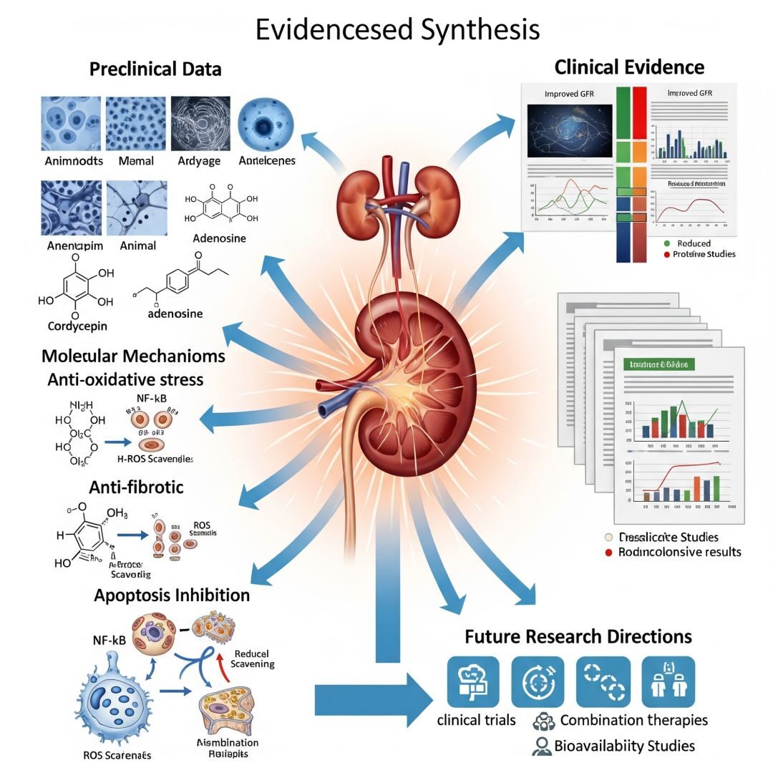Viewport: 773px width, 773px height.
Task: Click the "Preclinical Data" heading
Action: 155,69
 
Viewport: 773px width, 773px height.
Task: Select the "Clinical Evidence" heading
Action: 629,67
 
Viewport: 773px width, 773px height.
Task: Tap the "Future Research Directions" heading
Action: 578,636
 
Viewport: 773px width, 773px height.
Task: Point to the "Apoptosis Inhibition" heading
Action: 172,595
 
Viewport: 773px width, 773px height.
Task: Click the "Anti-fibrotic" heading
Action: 136,487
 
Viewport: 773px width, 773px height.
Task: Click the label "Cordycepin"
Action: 72,326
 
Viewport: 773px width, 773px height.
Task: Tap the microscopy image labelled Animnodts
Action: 70,122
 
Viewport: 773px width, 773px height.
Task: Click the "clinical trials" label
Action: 476,719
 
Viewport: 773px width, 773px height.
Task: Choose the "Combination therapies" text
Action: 633,720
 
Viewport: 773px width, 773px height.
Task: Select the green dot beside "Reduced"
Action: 668,243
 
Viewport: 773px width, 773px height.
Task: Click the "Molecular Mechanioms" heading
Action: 133,356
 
